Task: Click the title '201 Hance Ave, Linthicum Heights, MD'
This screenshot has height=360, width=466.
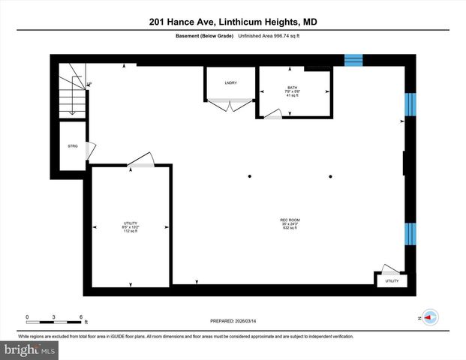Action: point(233,22)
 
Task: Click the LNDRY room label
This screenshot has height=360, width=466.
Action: point(230,82)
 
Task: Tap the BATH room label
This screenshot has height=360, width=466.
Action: point(292,91)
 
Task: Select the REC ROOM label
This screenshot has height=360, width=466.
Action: point(290,223)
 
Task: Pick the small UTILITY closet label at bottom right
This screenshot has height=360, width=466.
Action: point(392,281)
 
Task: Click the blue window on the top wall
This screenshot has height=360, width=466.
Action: point(353,60)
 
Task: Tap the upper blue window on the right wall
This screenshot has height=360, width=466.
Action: point(409,105)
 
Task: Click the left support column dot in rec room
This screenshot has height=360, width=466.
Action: point(251,177)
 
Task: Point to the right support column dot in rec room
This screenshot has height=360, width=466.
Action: point(330,177)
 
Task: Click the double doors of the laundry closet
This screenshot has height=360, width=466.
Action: point(230,106)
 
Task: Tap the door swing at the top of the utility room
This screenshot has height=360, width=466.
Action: point(142,160)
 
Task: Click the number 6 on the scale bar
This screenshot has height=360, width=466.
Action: point(81,316)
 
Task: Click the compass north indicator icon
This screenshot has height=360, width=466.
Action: point(430,317)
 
